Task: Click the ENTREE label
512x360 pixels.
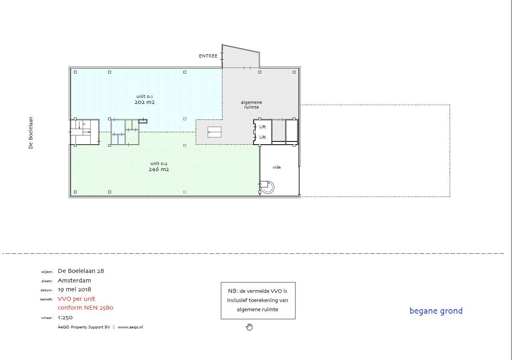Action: tap(208, 56)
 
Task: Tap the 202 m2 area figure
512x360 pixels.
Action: tap(145, 102)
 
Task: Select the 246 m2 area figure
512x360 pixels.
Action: tap(159, 169)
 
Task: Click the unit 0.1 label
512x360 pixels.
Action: tap(145, 96)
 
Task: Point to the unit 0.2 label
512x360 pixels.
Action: tap(159, 163)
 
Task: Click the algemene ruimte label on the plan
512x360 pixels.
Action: tap(252, 105)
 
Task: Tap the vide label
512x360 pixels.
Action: tap(276, 167)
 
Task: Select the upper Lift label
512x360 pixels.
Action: tap(262, 127)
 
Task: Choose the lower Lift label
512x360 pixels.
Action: tap(262, 137)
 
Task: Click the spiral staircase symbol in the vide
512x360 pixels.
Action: tap(267, 187)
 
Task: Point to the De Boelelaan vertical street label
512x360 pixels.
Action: tap(31, 133)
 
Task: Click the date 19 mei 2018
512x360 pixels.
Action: tap(74, 290)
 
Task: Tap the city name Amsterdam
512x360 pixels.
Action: tap(74, 280)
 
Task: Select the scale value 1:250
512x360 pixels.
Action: tap(65, 318)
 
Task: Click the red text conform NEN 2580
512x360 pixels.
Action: tap(85, 308)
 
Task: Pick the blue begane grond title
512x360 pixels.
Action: tap(436, 311)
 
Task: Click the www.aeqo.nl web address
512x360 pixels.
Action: tap(130, 327)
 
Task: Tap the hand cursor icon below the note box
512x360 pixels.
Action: tap(250, 327)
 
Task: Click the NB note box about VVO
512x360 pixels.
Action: tap(258, 300)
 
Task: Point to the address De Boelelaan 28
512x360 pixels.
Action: tap(81, 271)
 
